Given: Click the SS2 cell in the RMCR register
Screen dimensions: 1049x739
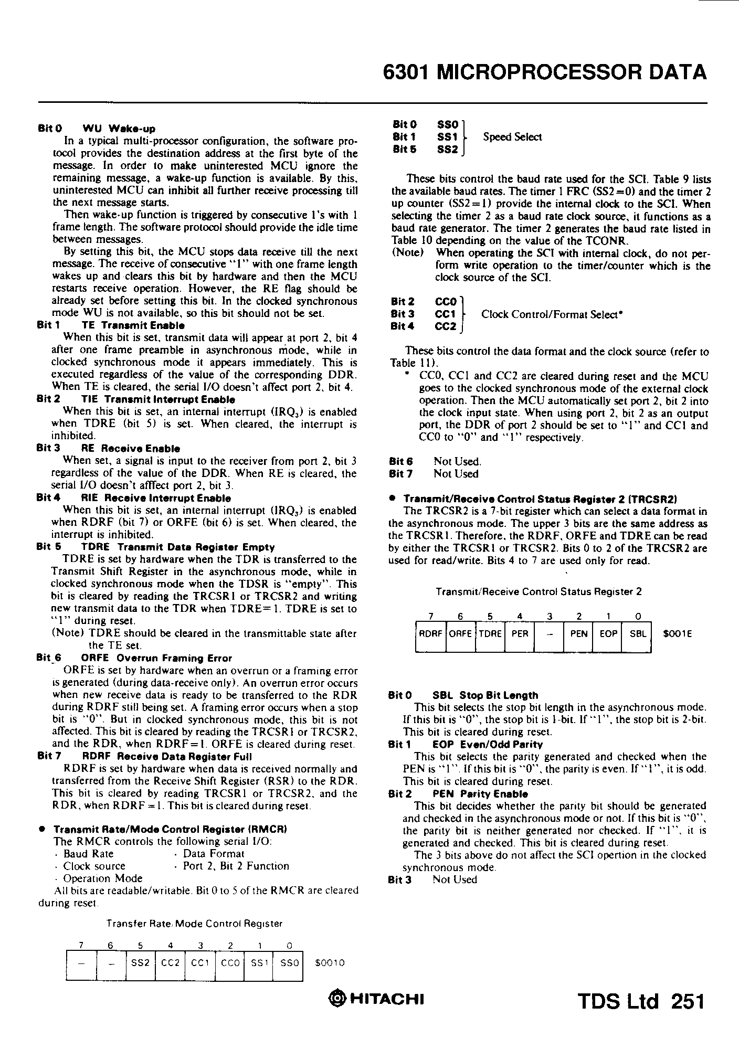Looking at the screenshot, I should (141, 963).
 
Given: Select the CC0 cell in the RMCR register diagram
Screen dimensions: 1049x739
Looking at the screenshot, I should (230, 963).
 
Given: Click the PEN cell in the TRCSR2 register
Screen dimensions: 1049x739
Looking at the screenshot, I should (578, 633).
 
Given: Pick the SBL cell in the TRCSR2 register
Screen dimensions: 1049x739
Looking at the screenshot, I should (637, 633).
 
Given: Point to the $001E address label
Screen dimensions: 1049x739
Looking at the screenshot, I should (678, 634).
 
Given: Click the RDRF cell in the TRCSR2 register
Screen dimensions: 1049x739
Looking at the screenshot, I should (430, 633).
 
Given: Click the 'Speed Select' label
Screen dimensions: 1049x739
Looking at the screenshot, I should (512, 137).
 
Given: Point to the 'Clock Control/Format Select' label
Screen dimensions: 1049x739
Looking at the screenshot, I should (552, 314).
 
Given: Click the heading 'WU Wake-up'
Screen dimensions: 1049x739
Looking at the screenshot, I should (119, 129).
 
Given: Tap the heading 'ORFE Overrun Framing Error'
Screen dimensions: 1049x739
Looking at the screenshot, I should (156, 658).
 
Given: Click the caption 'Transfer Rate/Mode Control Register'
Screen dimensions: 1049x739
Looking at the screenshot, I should (194, 923).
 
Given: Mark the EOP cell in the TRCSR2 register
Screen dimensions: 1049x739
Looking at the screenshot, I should (608, 633).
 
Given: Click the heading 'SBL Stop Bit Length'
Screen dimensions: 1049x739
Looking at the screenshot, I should (485, 695).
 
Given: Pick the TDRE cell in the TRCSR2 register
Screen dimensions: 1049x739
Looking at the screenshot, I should (490, 633).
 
